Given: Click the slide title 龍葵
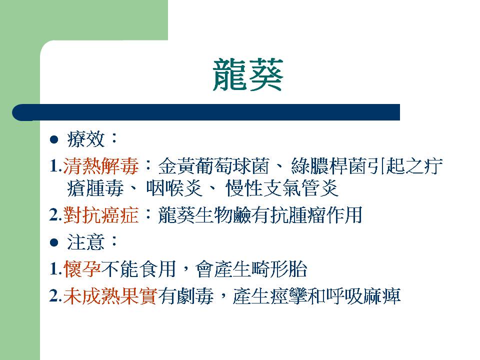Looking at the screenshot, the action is pyautogui.click(x=247, y=75).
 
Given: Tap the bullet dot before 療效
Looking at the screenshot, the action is pyautogui.click(x=54, y=139).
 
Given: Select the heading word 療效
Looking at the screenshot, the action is pyautogui.click(x=86, y=139).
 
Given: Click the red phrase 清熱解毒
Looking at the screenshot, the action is pyautogui.click(x=100, y=166).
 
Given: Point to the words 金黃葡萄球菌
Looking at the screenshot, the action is pyautogui.click(x=213, y=166).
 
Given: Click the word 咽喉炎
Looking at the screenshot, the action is pyautogui.click(x=174, y=188).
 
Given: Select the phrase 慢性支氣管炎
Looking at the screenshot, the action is pyautogui.click(x=282, y=188).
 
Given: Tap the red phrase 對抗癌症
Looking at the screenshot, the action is pyautogui.click(x=101, y=215).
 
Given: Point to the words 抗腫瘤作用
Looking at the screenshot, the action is pyautogui.click(x=316, y=215).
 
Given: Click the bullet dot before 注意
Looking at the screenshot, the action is pyautogui.click(x=54, y=243).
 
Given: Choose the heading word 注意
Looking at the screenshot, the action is pyautogui.click(x=86, y=242).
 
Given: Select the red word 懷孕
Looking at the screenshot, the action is pyautogui.click(x=82, y=269).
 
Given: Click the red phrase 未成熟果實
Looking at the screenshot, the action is pyautogui.click(x=110, y=296).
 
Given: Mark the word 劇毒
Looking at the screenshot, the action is pyautogui.click(x=195, y=296).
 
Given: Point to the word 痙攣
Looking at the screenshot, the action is pyautogui.click(x=288, y=296).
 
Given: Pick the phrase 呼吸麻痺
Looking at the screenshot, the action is pyautogui.click(x=363, y=296).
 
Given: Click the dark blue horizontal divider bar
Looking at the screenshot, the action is pyautogui.click(x=206, y=112).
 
